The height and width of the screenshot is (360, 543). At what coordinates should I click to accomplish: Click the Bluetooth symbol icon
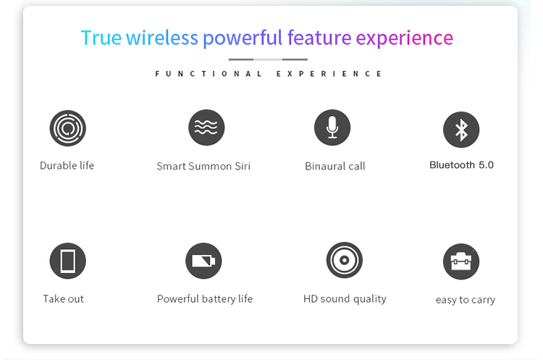[461, 130]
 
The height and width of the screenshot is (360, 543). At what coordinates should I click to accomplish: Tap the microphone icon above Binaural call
[332, 127]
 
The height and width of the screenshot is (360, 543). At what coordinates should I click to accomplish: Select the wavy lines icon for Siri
[206, 127]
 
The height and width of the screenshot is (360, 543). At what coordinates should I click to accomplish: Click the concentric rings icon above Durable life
[68, 128]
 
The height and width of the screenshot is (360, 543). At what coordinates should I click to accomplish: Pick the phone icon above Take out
[68, 261]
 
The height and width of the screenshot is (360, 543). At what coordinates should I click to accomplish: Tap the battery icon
[203, 261]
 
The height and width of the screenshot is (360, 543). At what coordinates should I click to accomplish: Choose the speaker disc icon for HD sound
[344, 260]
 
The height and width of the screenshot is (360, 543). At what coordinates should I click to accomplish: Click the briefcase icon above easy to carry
[461, 261]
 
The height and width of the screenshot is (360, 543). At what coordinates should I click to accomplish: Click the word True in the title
[101, 38]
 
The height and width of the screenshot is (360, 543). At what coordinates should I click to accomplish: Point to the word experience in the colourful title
[405, 38]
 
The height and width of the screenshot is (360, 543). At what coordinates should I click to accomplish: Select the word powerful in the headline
[243, 38]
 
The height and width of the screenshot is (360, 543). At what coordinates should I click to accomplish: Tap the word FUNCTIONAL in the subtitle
[209, 74]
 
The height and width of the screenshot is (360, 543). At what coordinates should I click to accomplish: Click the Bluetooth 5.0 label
[461, 165]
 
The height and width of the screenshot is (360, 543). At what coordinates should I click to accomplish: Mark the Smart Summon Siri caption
[203, 167]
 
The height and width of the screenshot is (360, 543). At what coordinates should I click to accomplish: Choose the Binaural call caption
[335, 167]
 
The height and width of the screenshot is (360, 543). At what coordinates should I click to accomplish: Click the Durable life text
[67, 166]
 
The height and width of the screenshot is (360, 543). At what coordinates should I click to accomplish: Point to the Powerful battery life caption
[205, 299]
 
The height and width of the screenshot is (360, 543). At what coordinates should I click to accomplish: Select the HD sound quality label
[345, 299]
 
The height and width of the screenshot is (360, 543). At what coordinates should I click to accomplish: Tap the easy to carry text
[466, 300]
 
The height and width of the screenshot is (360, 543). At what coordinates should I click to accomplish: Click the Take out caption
[64, 298]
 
